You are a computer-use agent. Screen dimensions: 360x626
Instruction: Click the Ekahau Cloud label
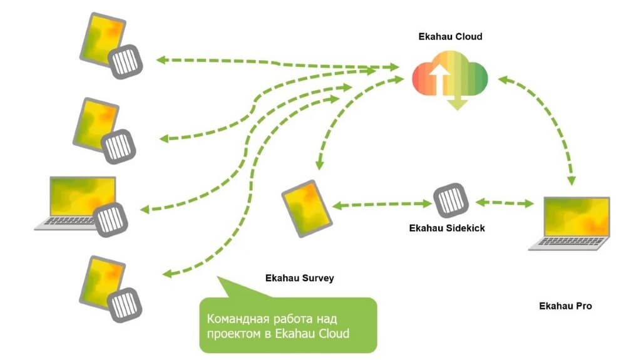click(x=450, y=37)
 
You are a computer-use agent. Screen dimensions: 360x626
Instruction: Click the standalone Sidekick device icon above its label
click(x=449, y=200)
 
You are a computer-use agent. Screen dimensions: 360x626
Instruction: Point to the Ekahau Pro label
click(x=565, y=306)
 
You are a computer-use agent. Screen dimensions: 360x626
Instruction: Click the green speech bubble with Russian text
click(x=288, y=324)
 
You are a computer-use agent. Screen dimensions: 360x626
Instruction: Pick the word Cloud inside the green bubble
click(x=333, y=333)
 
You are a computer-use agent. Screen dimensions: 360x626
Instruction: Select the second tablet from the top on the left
click(x=97, y=122)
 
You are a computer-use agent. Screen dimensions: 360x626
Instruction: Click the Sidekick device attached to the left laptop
click(x=111, y=219)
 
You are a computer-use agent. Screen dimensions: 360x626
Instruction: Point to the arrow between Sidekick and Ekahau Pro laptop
click(x=504, y=203)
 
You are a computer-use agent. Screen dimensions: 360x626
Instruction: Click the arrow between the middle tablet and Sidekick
click(x=381, y=204)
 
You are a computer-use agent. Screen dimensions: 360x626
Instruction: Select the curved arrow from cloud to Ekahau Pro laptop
click(x=551, y=125)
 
